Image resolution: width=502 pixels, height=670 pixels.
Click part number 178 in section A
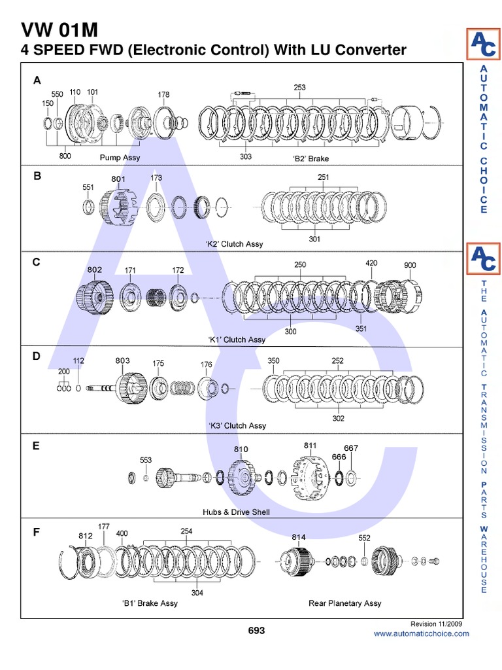pos(163,94)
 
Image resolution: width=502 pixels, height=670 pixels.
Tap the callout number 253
pos(299,87)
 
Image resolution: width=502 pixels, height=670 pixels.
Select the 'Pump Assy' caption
pos(120,158)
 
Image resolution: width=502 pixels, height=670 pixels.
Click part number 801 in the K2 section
pos(118,179)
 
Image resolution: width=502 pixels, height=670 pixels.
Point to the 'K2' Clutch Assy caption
pos(235,244)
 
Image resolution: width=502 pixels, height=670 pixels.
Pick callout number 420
pos(371,263)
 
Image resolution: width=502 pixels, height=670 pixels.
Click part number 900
pos(410,265)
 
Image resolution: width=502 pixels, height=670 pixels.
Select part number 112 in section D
pos(78,361)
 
